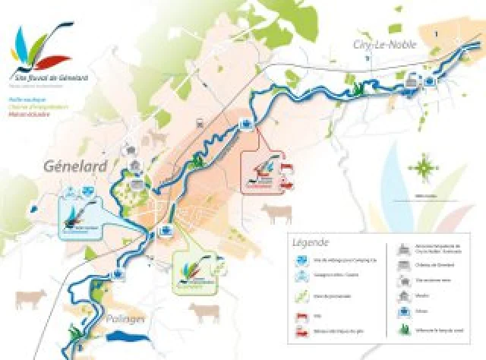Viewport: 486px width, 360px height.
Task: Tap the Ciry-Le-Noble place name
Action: pyautogui.click(x=384, y=46)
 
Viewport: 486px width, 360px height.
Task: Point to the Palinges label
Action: pyautogui.click(x=125, y=319)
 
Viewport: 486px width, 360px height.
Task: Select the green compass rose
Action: pyautogui.click(x=422, y=165)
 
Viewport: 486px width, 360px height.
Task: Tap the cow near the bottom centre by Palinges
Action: pyautogui.click(x=204, y=311)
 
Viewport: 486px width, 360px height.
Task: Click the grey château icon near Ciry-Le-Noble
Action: pyautogui.click(x=411, y=78)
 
